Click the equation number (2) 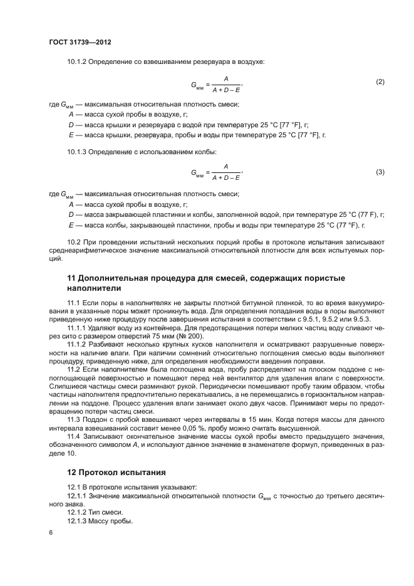pyautogui.click(x=380, y=82)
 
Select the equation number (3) pyautogui.click(x=380, y=172)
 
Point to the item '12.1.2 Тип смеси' pyautogui.click(x=95, y=512)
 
